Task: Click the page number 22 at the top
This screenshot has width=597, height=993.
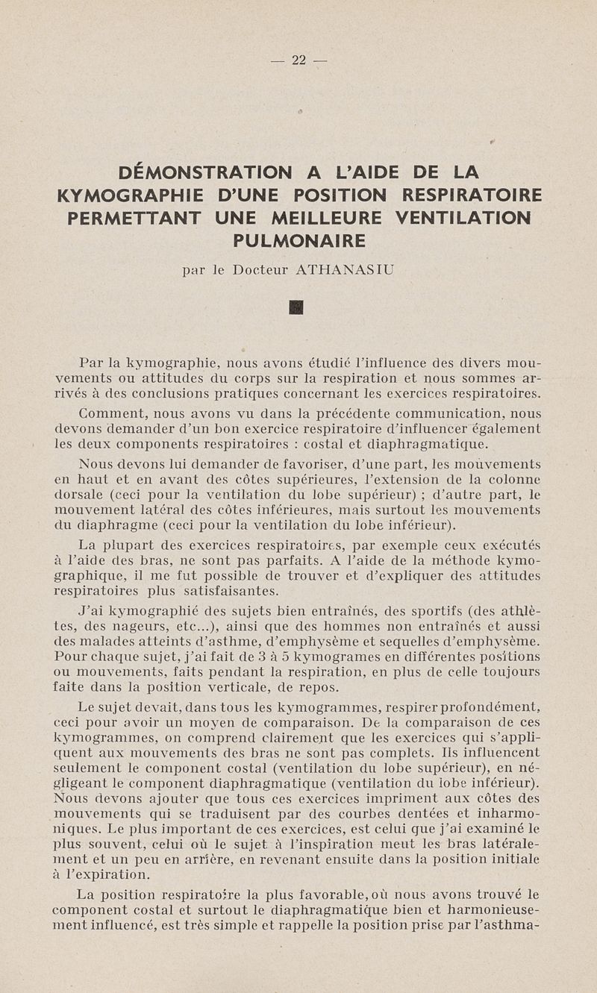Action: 299,60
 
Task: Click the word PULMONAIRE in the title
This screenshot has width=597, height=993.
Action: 299,241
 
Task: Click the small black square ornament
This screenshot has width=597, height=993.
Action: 296,307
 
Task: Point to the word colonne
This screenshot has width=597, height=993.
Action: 515,479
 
